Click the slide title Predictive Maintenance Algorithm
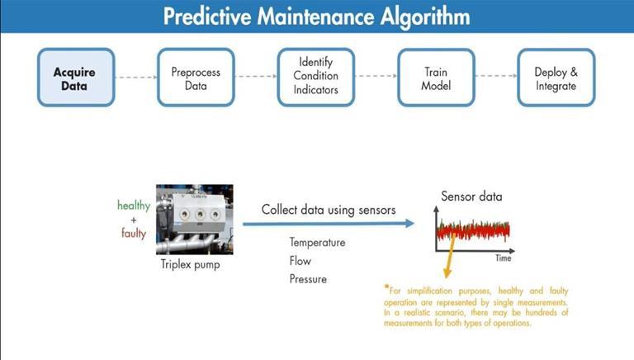pos(316,17)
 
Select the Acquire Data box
pos(74,78)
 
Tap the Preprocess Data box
pos(196,78)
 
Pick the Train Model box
pos(436,78)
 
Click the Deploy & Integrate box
pos(556,78)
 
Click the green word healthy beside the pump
pos(134,205)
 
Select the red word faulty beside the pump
pos(133,233)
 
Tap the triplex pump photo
pos(194,219)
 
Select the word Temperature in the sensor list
pos(317,243)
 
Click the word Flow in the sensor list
pos(300,261)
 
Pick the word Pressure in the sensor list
pos(308,279)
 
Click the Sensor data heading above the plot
pos(471,197)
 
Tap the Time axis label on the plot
pos(503,258)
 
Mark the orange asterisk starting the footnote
pos(386,289)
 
